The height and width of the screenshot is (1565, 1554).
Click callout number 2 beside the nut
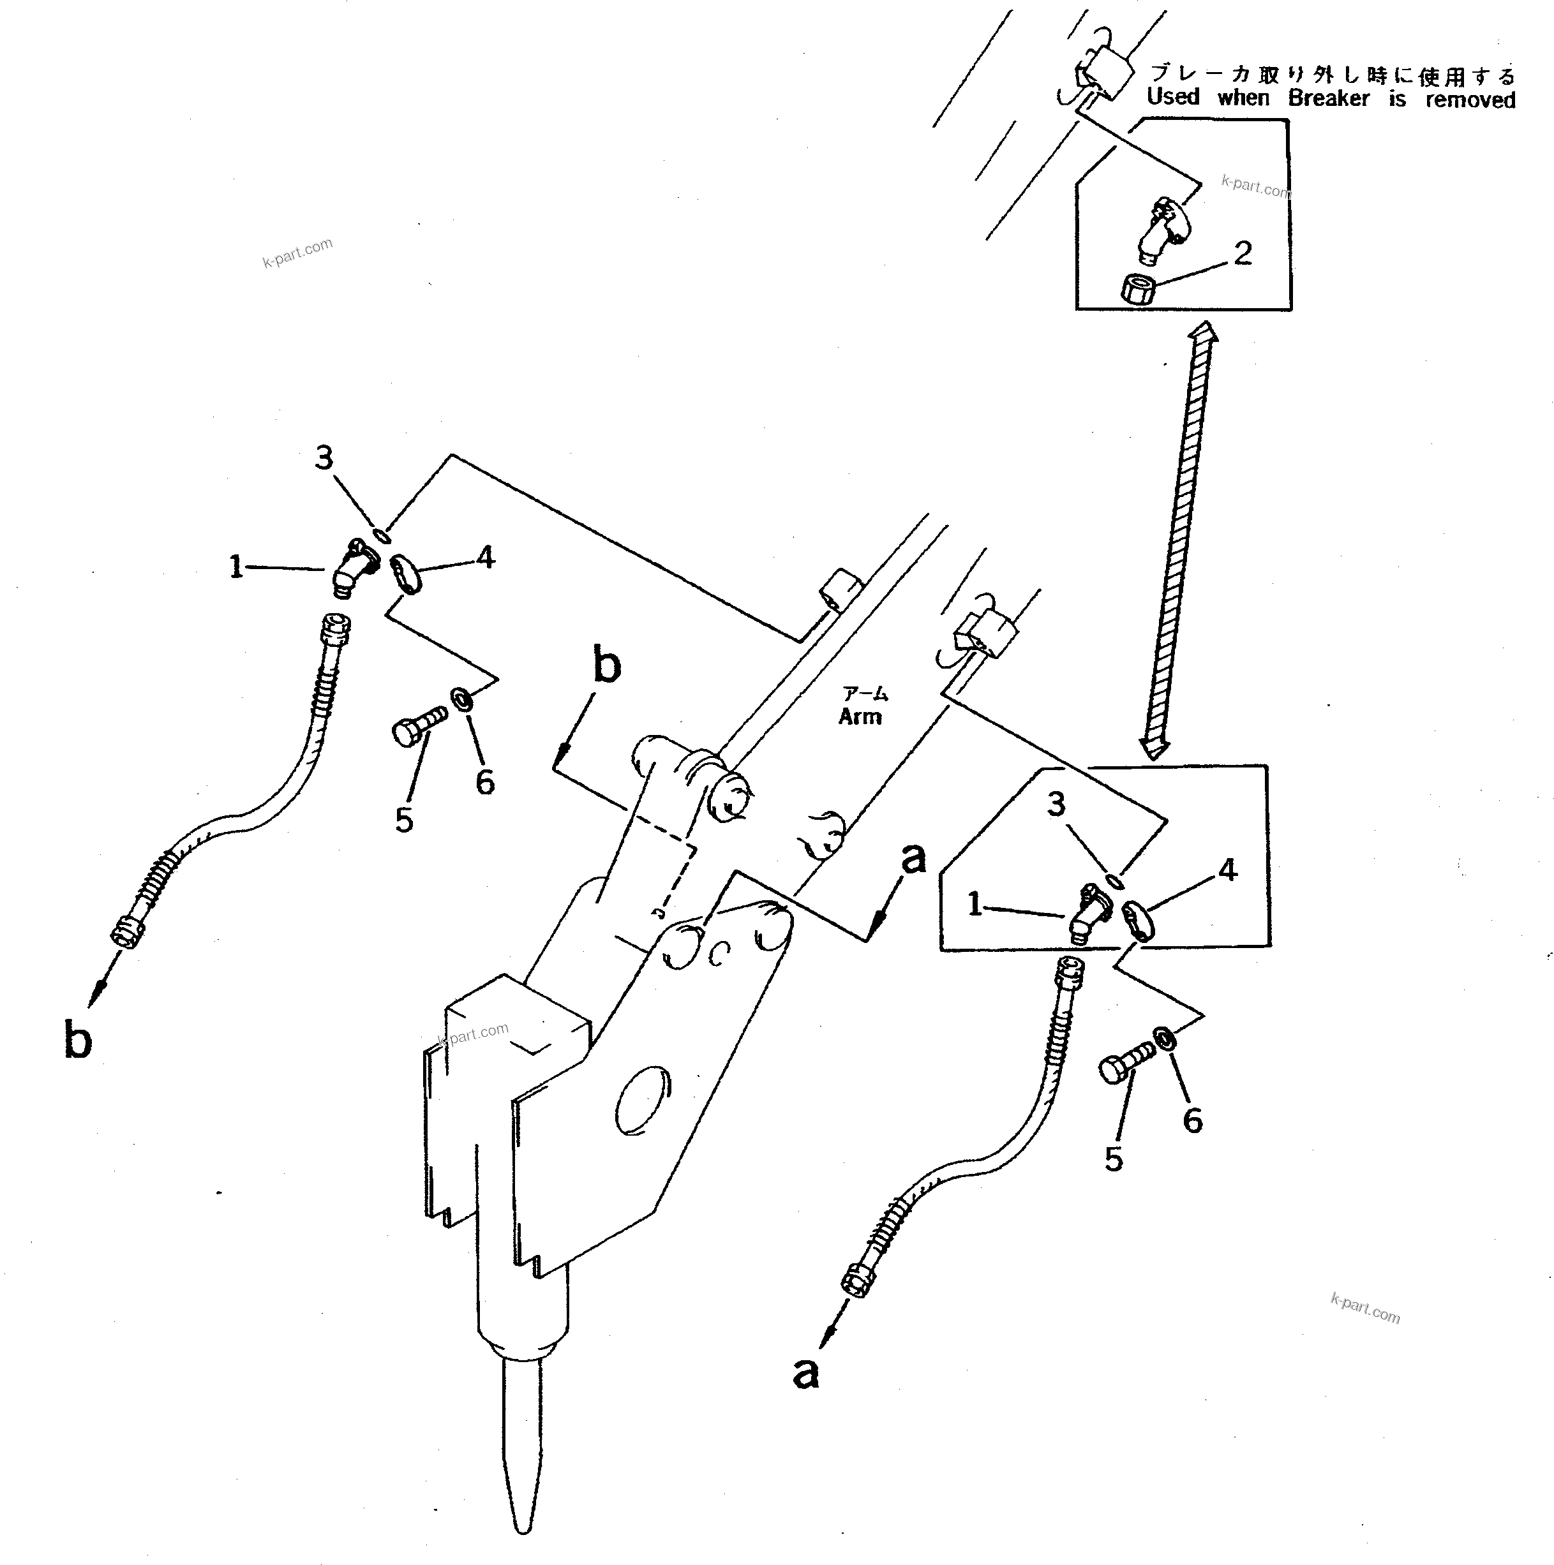pyautogui.click(x=1243, y=253)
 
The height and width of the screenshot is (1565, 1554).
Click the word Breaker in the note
pyautogui.click(x=1328, y=99)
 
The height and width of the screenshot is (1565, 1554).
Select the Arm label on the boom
pyautogui.click(x=860, y=716)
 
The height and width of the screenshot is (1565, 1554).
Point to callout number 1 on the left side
pyautogui.click(x=235, y=566)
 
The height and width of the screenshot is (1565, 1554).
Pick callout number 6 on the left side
pyautogui.click(x=484, y=782)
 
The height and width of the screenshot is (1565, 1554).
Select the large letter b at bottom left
pyautogui.click(x=78, y=1039)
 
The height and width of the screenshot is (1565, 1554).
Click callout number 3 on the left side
pyautogui.click(x=324, y=457)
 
